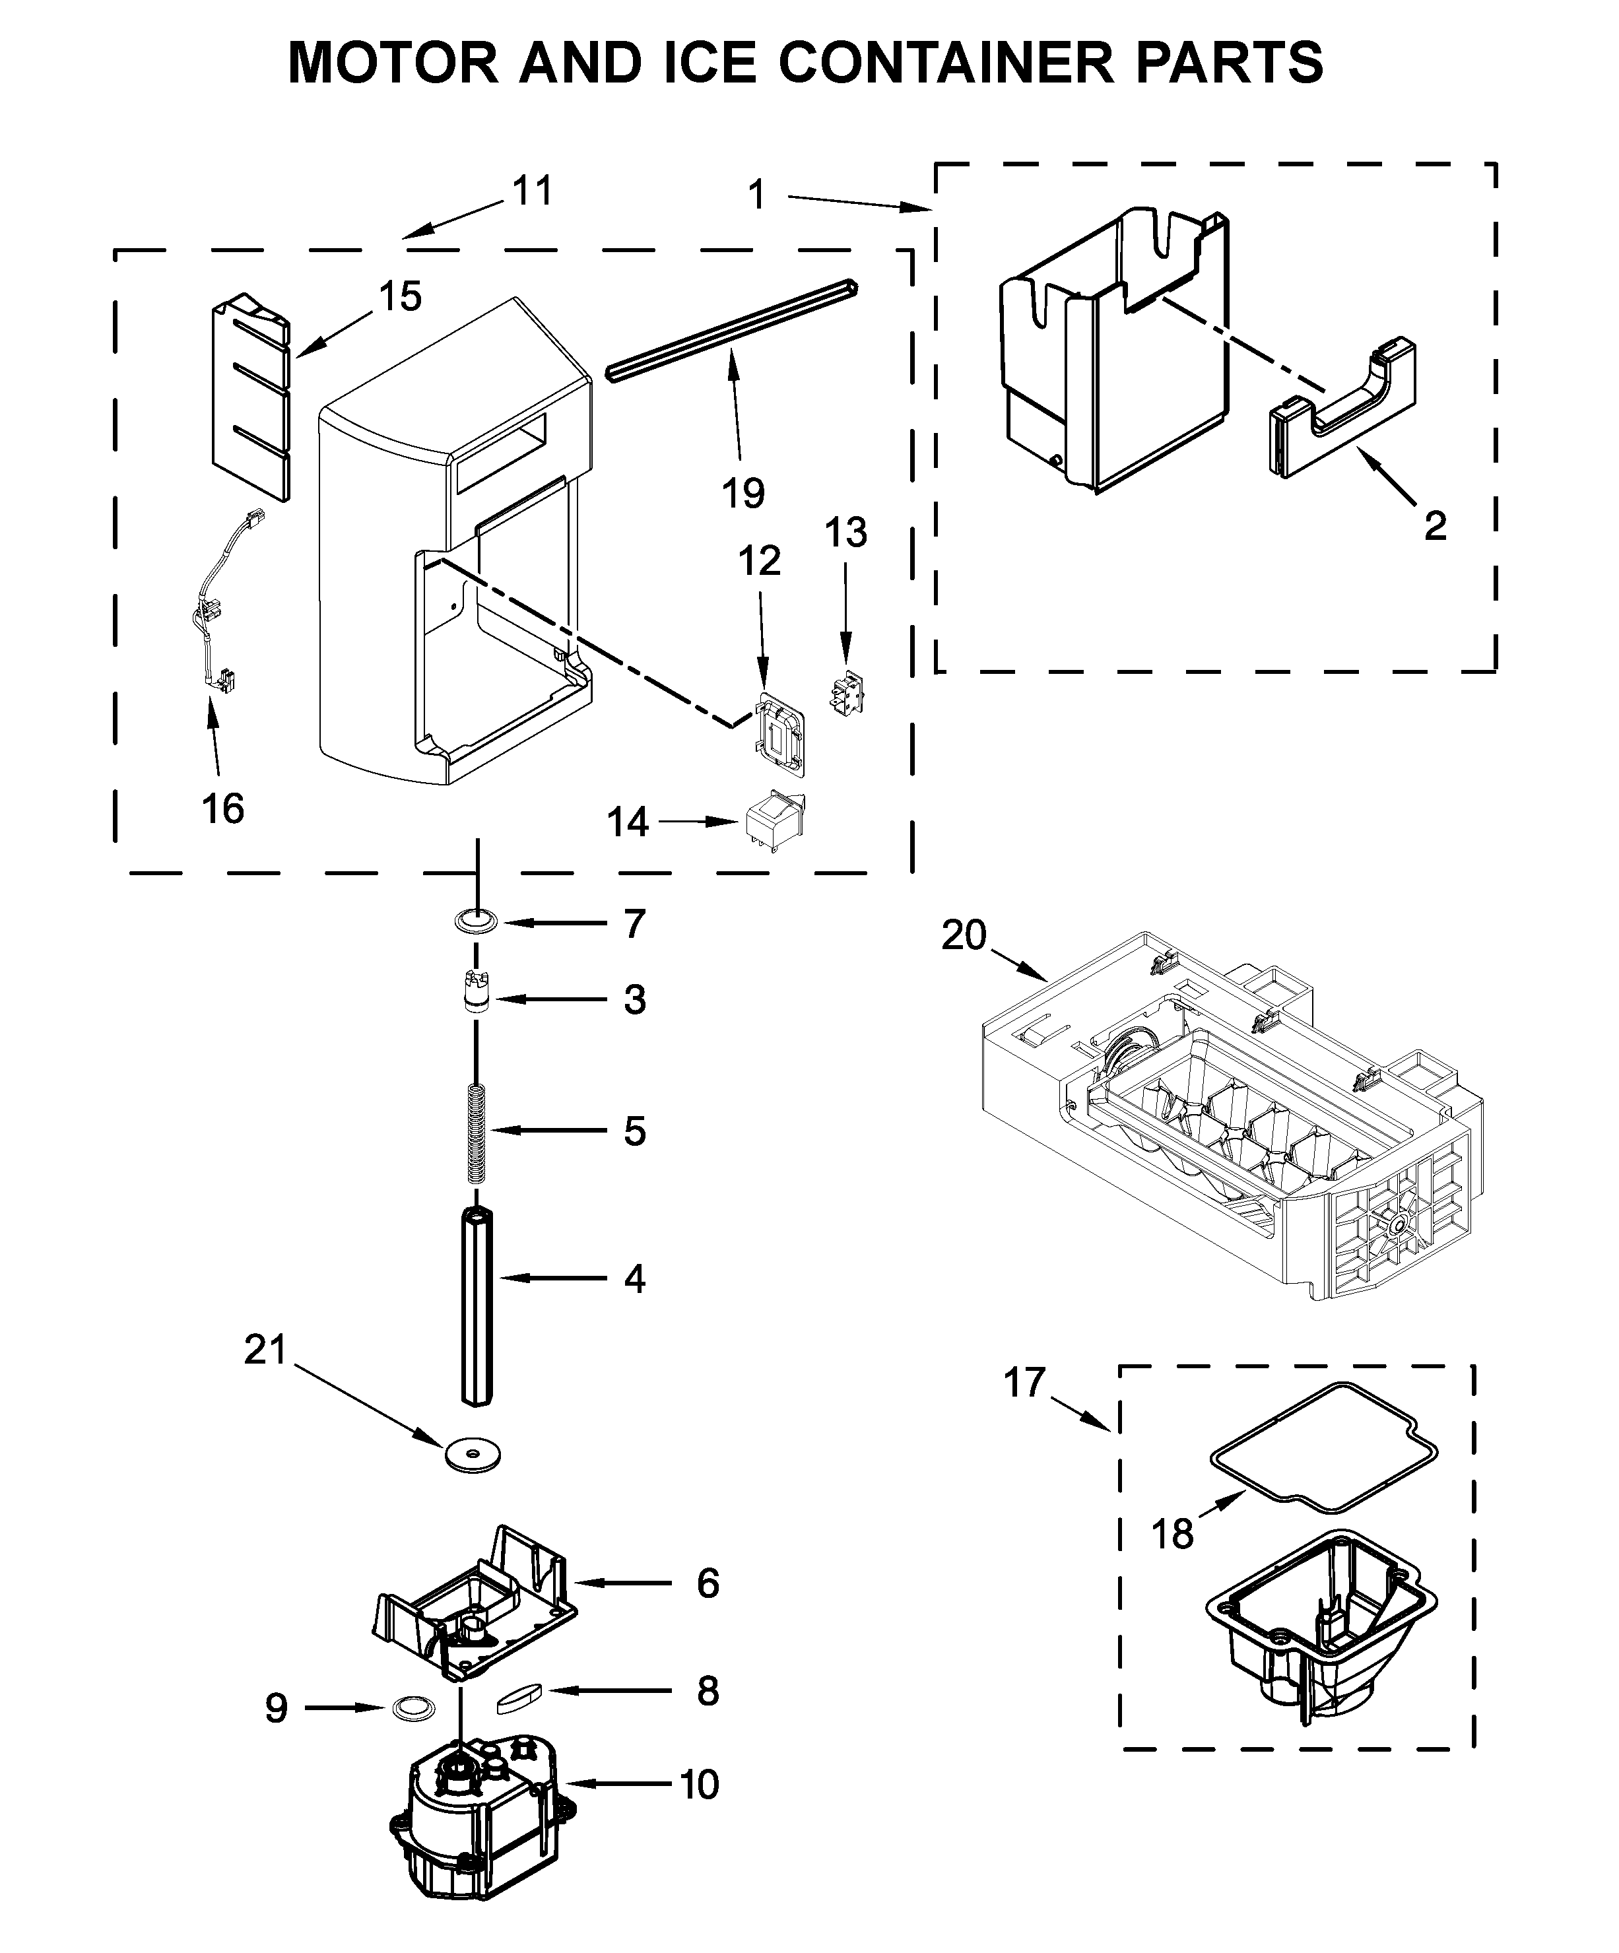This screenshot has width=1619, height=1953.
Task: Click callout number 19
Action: pyautogui.click(x=743, y=493)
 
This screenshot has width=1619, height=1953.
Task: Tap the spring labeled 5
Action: pyautogui.click(x=476, y=1132)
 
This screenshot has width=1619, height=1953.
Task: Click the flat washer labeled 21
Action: pyautogui.click(x=473, y=1453)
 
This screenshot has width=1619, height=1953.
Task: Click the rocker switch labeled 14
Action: pyautogui.click(x=773, y=819)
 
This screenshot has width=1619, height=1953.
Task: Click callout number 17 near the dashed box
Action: pyautogui.click(x=1024, y=1383)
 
